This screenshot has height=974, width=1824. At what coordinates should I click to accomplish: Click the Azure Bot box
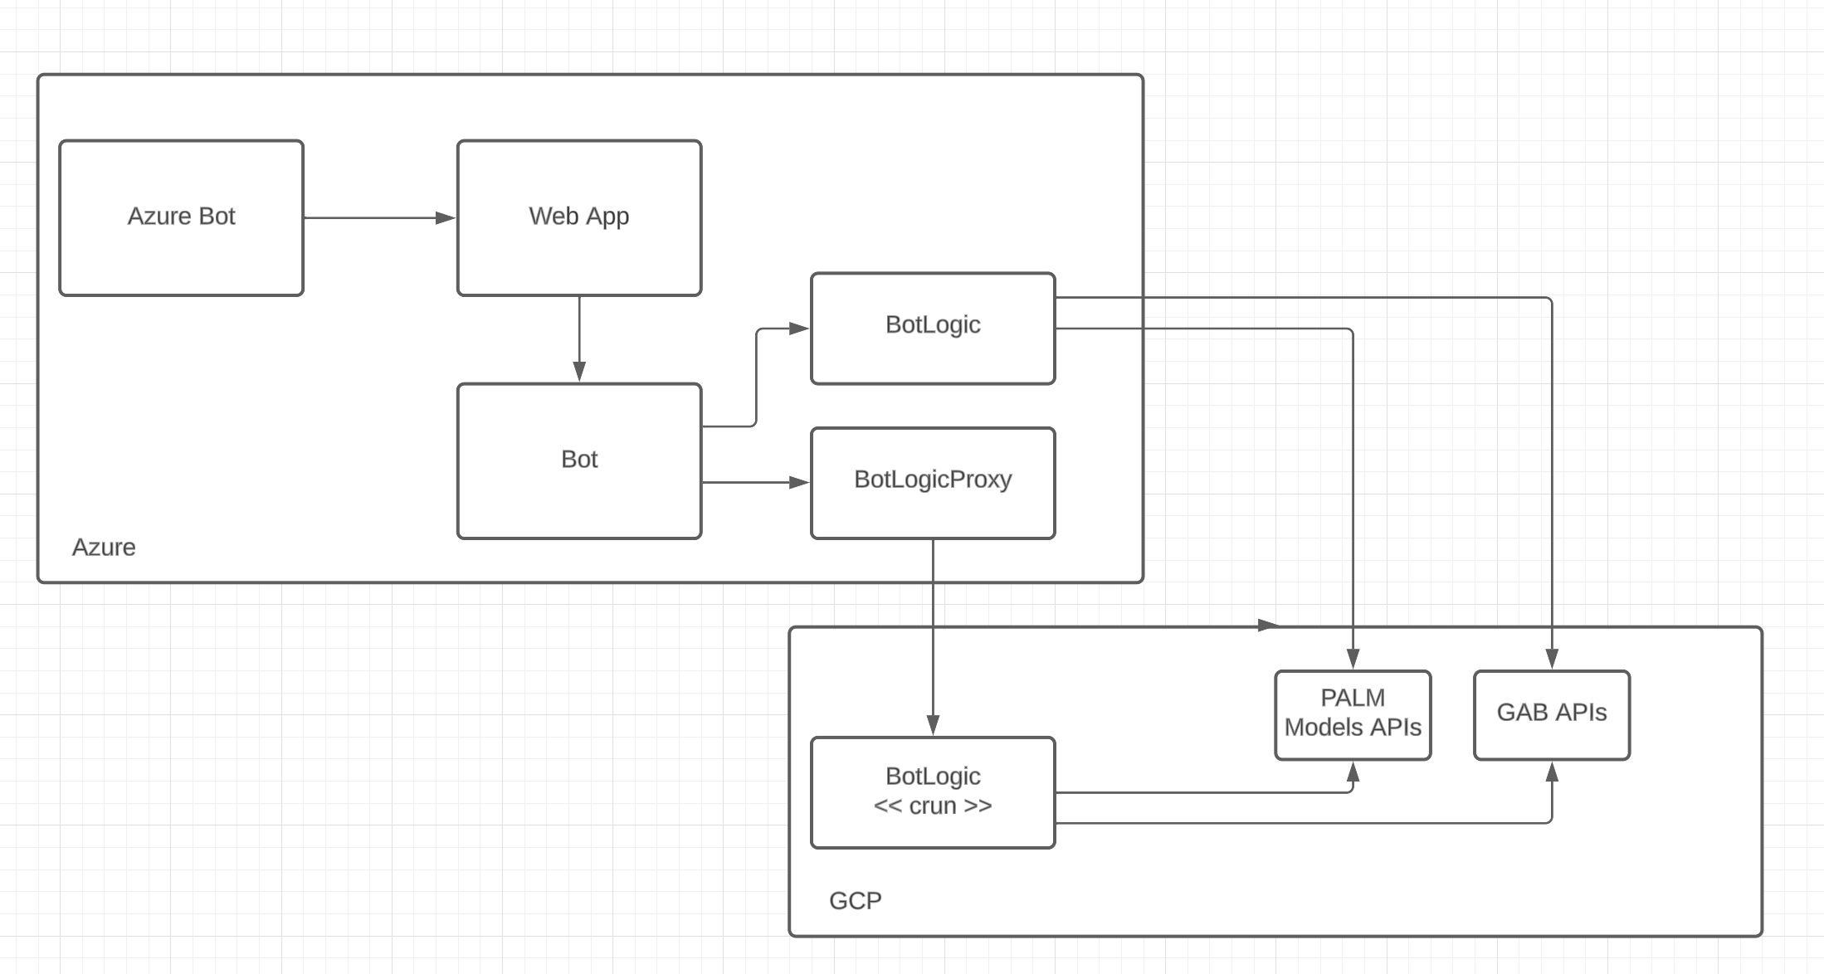(x=181, y=217)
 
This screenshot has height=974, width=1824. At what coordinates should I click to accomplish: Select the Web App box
(x=578, y=217)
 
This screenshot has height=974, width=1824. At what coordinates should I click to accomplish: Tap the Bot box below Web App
(x=578, y=460)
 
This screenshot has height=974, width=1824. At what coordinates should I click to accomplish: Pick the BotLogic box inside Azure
(x=932, y=328)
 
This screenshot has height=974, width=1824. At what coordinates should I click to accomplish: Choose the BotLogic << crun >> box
(x=932, y=792)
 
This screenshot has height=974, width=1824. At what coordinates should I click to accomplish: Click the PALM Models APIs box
(x=1352, y=714)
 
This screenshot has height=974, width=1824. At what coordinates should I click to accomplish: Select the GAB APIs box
(x=1551, y=714)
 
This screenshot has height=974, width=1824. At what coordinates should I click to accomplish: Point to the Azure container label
(x=104, y=548)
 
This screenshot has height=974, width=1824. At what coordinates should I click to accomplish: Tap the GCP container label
(x=855, y=901)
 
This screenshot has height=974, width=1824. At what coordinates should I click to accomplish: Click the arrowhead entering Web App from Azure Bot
(x=446, y=218)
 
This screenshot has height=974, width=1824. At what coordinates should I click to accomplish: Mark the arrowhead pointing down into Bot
(x=579, y=372)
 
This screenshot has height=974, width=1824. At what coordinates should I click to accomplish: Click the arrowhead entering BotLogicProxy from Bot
(x=799, y=482)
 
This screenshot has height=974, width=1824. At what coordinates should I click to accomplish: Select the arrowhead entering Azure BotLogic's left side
(x=799, y=329)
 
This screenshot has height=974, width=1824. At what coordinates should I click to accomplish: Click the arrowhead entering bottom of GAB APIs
(x=1552, y=772)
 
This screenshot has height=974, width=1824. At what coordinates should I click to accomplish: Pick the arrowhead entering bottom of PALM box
(x=1353, y=772)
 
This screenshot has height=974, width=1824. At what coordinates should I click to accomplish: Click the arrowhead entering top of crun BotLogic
(x=933, y=725)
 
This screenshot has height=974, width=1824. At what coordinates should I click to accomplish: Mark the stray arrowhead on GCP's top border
(x=1268, y=626)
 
